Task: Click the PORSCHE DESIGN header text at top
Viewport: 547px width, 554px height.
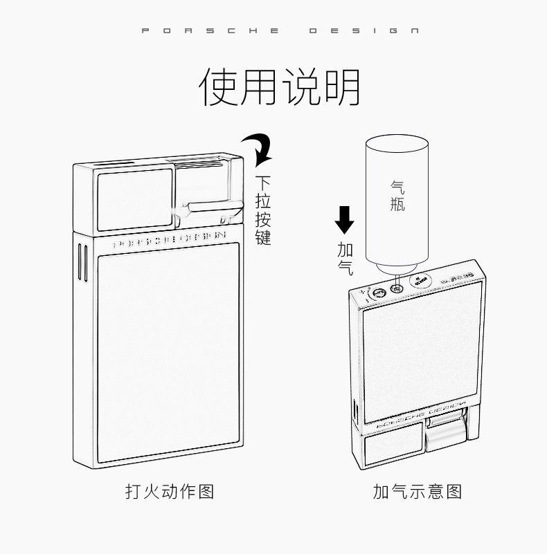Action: [x=279, y=30]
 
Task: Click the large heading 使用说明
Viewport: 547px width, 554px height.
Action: [x=280, y=88]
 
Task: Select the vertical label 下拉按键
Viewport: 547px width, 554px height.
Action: [x=262, y=212]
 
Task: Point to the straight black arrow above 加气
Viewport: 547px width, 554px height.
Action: [x=344, y=220]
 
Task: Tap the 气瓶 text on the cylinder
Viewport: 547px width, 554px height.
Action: [x=397, y=196]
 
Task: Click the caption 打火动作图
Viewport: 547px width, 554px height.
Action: [x=170, y=492]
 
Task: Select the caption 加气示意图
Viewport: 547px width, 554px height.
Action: [x=417, y=492]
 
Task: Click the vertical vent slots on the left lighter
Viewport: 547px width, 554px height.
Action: [x=84, y=263]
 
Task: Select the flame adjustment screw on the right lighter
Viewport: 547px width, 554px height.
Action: [x=378, y=295]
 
